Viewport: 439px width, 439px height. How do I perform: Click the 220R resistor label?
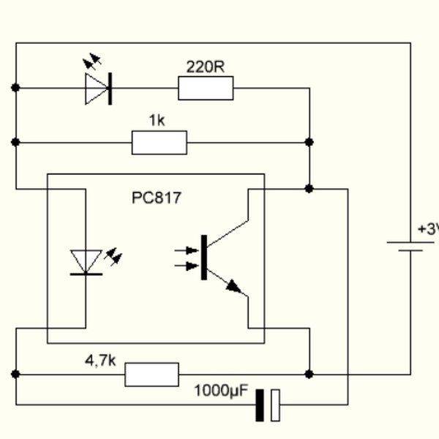click(205, 67)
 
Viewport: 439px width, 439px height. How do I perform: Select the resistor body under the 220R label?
click(206, 89)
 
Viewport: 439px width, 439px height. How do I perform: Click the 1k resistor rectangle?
click(160, 143)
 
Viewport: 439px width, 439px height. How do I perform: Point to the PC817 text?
click(157, 198)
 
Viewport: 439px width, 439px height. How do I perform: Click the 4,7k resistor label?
click(101, 360)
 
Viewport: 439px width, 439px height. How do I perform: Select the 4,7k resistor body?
click(151, 374)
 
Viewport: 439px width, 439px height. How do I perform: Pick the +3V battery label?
click(428, 229)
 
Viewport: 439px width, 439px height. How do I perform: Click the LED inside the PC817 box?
click(86, 262)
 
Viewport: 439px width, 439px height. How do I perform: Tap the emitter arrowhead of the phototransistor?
click(233, 286)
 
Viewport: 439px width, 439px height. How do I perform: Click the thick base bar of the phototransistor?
click(204, 257)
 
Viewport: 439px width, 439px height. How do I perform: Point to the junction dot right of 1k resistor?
click(309, 142)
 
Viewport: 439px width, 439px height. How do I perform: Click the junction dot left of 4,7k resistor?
click(15, 374)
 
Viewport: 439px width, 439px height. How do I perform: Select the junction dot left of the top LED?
click(15, 88)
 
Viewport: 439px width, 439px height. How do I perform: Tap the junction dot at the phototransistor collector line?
click(309, 188)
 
